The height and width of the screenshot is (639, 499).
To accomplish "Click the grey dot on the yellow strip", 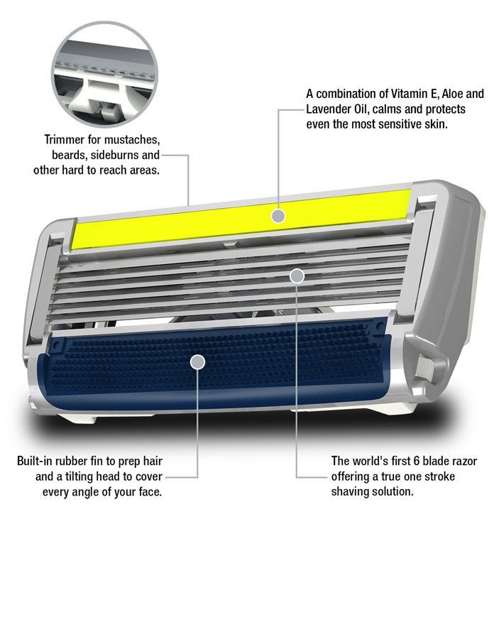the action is (x=278, y=216).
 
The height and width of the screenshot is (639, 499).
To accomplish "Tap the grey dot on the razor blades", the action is (x=297, y=276).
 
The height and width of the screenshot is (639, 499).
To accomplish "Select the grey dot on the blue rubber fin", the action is (x=197, y=361).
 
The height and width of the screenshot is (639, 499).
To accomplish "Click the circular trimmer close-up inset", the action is (x=104, y=74).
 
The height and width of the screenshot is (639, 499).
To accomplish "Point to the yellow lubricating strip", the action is (x=241, y=219).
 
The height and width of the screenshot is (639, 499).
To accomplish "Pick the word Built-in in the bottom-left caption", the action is (x=35, y=461).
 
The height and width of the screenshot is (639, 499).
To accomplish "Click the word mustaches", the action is (x=132, y=140).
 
